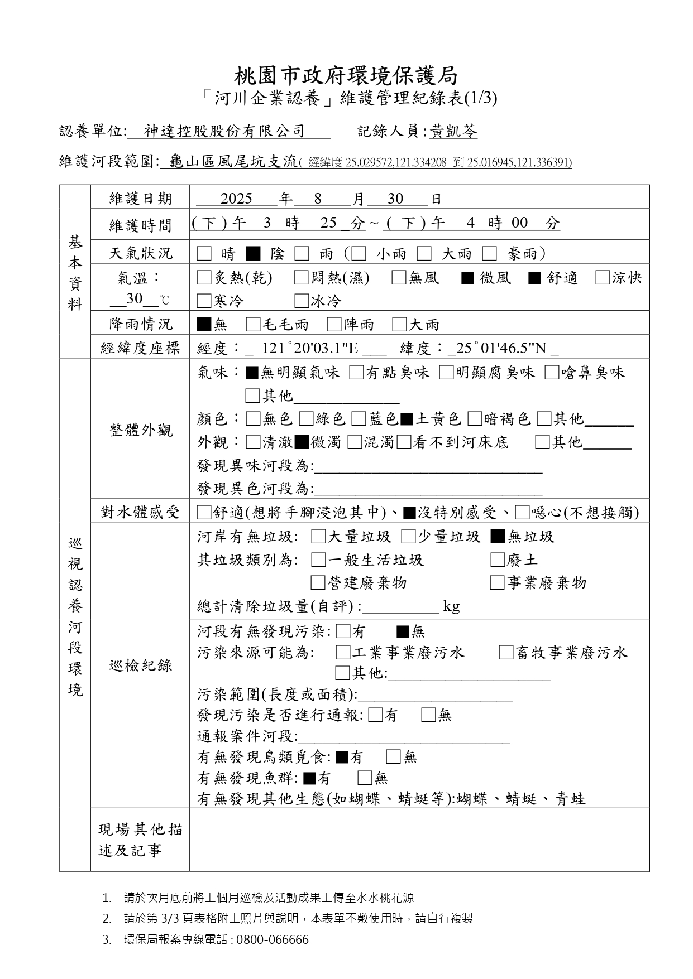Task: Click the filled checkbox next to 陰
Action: [253, 254]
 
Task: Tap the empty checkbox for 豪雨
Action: [490, 254]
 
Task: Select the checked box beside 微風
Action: [467, 278]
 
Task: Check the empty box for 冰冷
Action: [302, 301]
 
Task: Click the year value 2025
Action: [236, 199]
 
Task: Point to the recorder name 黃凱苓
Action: [453, 132]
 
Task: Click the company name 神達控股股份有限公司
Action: [224, 132]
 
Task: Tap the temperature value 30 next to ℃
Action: [135, 299]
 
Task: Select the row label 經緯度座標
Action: [140, 349]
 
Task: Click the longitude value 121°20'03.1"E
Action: [310, 349]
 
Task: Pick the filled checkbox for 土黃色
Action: [407, 419]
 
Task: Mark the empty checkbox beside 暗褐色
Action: [475, 419]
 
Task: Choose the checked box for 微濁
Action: [302, 442]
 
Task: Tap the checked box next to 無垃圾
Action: [498, 537]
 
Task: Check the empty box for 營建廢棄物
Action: [318, 583]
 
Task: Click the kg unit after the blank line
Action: [451, 606]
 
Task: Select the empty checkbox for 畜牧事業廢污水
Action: [506, 653]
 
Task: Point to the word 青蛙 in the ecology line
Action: [571, 799]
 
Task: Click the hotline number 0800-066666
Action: [273, 940]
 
